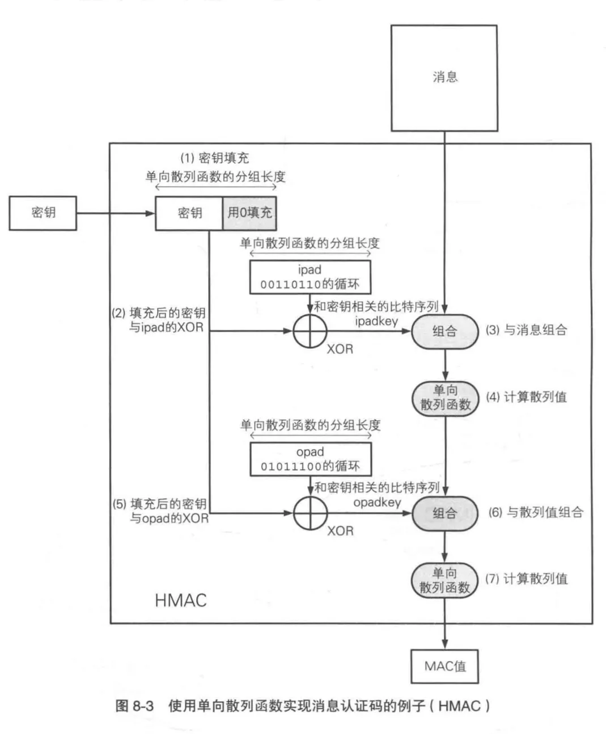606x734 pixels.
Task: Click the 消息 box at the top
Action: tap(444, 78)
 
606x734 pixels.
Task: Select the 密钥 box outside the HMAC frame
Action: tap(43, 213)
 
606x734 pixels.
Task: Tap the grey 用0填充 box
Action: tap(249, 213)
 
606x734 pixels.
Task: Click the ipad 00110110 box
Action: tap(310, 277)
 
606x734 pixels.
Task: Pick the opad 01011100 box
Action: tap(311, 459)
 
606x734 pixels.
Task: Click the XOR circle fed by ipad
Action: tap(310, 331)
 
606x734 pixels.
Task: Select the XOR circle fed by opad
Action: tap(311, 513)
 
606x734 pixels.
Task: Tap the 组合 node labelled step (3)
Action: tap(445, 331)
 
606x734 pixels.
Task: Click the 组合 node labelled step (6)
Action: tap(445, 513)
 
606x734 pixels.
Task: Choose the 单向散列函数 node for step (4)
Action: tap(445, 398)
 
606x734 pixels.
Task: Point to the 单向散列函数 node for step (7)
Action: tap(444, 580)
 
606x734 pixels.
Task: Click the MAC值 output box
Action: tap(445, 666)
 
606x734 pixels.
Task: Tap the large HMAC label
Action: tap(181, 601)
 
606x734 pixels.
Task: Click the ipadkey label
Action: tap(376, 321)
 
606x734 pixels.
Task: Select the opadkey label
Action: tap(378, 503)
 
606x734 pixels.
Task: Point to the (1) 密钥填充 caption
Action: tap(215, 158)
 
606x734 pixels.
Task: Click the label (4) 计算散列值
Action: tap(526, 397)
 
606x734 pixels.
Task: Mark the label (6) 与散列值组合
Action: tap(536, 513)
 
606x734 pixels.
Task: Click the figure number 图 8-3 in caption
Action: tap(135, 706)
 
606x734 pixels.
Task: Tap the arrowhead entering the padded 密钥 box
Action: tap(150, 213)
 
